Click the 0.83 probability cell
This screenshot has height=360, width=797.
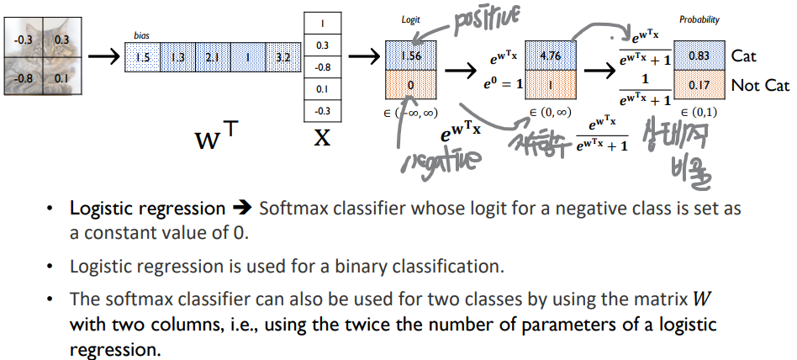[699, 56]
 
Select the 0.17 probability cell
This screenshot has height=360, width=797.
[699, 85]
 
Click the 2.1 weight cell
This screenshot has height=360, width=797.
[212, 58]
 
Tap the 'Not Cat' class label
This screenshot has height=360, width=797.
[760, 86]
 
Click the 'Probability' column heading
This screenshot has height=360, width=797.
[699, 19]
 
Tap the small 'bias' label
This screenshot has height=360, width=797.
[141, 36]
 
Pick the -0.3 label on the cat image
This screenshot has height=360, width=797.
[24, 39]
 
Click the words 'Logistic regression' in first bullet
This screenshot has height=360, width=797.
[148, 208]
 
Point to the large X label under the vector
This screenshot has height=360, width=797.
[323, 138]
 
